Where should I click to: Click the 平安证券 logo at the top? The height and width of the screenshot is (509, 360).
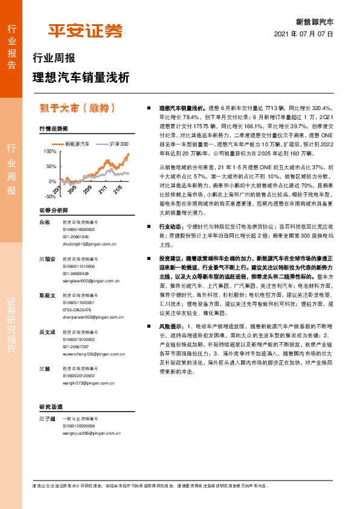85,31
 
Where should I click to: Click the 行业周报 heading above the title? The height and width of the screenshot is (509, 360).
54,59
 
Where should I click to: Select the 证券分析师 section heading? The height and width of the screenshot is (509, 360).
53,210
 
